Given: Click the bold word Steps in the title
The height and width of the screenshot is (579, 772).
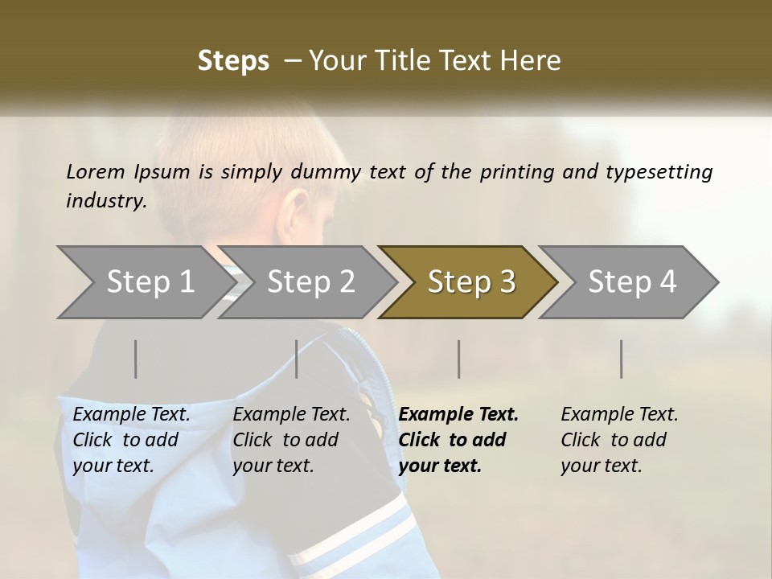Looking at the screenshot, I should (233, 61).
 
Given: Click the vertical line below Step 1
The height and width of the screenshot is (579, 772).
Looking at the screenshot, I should (136, 359).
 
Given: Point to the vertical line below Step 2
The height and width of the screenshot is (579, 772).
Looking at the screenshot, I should (297, 359).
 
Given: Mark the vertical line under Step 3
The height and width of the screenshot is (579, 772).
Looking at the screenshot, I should (459, 359).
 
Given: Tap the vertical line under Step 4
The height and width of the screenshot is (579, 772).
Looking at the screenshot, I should (622, 359).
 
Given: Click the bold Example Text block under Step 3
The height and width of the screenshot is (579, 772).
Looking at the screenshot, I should (458, 440).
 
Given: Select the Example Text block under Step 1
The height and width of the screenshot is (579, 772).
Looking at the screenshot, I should (131, 440).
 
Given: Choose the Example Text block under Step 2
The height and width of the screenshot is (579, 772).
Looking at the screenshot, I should (291, 440).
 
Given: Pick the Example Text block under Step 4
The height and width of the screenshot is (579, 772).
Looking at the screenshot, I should (619, 440).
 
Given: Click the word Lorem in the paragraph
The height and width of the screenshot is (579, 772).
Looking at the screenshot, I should (96, 171).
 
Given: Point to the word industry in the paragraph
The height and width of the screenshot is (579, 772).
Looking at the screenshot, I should (105, 200).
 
